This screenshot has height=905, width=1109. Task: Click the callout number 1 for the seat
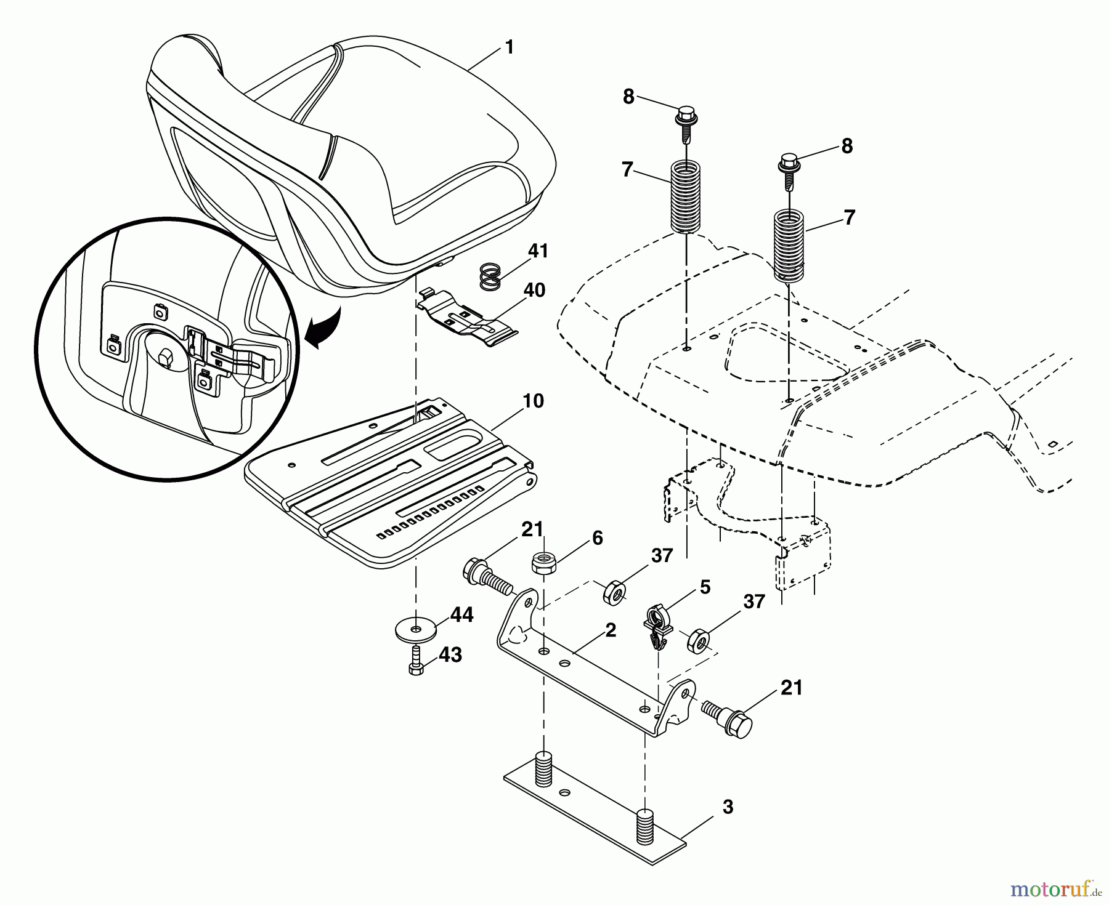pos(509,47)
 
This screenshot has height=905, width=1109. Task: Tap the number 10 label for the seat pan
pos(534,401)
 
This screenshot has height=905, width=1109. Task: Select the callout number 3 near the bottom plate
pos(728,807)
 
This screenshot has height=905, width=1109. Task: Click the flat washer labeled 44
pos(416,630)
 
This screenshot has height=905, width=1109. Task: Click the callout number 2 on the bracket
pos(610,630)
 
